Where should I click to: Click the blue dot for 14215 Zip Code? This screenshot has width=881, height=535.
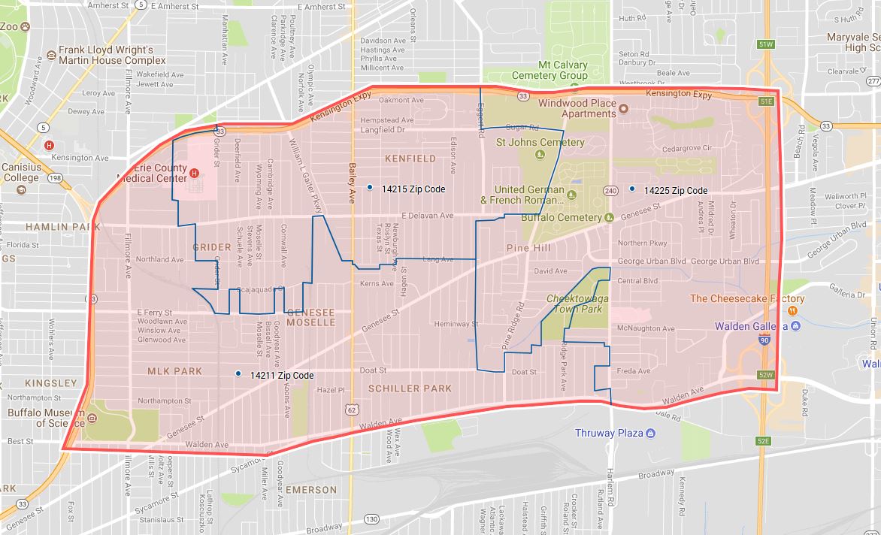[369, 187]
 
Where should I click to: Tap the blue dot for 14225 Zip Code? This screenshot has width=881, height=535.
[632, 189]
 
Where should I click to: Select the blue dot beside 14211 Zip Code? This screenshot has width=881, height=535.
[238, 373]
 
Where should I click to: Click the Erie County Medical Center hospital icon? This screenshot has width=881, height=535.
[195, 174]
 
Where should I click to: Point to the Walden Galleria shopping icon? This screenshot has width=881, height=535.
[795, 326]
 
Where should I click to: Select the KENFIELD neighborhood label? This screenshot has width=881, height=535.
[410, 159]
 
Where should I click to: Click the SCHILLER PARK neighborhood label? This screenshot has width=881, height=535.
[410, 388]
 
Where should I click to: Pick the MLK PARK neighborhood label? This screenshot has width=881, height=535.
[175, 371]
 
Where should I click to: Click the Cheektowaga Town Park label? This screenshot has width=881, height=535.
[574, 304]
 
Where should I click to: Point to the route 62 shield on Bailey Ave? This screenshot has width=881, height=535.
[352, 410]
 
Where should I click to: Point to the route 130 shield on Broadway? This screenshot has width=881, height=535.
[371, 519]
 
